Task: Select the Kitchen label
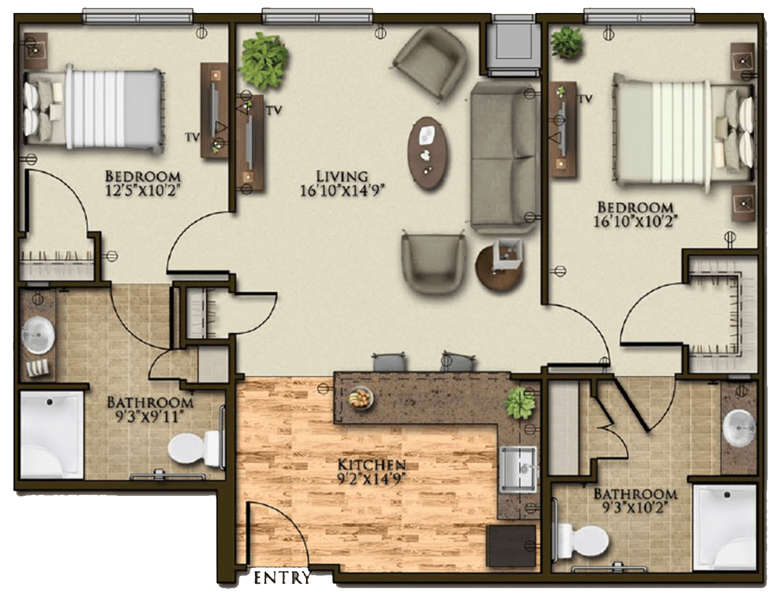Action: point(372,465)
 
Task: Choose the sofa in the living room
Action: point(505,157)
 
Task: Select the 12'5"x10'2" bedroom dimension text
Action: point(142,190)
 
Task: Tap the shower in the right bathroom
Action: point(725,527)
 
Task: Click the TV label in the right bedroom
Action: point(585,99)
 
